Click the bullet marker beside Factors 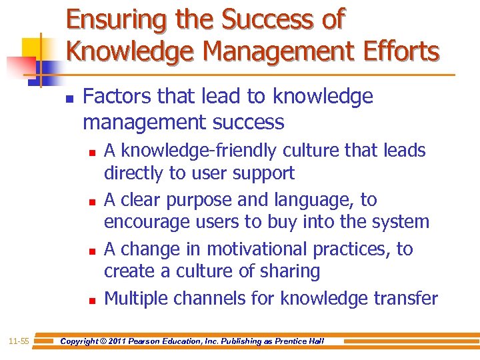point(69,97)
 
